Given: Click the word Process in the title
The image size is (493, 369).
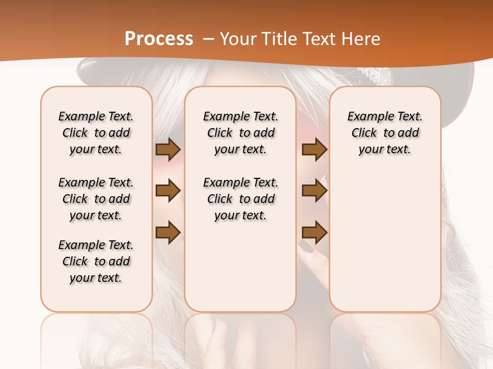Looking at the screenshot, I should [159, 39].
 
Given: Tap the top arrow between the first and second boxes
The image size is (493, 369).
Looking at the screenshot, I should [167, 150].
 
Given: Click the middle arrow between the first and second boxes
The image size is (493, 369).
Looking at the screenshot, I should [167, 191].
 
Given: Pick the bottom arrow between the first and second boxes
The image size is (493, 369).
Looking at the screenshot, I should [167, 232].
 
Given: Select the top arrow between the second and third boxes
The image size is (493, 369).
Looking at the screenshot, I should [314, 150].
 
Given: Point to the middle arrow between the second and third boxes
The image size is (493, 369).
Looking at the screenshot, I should [314, 191].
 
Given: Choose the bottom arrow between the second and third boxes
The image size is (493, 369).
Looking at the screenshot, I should [314, 232].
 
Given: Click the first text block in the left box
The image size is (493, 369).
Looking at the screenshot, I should [96, 133].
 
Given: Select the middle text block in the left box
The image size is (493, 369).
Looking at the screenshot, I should [96, 199].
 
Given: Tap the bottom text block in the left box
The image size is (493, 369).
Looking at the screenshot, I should [96, 261].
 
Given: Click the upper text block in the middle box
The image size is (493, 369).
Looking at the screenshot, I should [240, 133].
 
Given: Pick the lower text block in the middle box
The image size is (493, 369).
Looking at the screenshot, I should [240, 199].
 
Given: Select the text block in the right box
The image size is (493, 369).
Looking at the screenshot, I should [385, 133].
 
